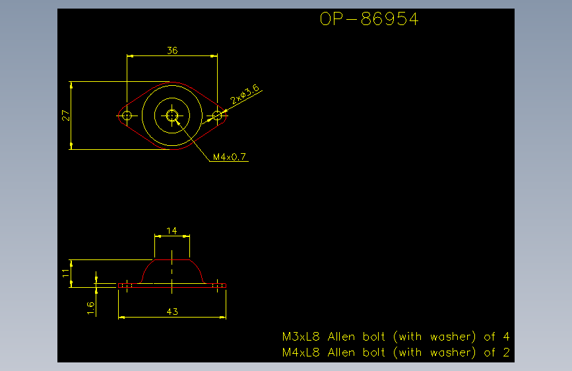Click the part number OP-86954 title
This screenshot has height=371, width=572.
(369, 19)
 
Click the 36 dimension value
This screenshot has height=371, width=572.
(172, 50)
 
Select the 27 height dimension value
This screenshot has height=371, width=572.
(65, 116)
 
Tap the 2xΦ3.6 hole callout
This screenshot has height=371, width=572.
(245, 94)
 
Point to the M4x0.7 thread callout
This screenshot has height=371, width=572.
(229, 157)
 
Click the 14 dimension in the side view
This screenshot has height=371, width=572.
(172, 231)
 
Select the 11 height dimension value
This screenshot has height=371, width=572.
(66, 273)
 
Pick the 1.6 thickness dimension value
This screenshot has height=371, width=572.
(91, 308)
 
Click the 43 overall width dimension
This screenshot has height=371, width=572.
(172, 312)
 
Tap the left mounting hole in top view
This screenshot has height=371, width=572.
(127, 116)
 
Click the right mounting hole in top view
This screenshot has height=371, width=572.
(217, 116)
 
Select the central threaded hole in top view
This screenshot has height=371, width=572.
(172, 116)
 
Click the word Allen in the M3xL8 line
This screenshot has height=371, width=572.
(341, 336)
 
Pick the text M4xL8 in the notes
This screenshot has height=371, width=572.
(301, 353)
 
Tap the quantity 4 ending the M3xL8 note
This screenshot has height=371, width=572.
(506, 336)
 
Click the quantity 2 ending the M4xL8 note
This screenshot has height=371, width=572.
(506, 353)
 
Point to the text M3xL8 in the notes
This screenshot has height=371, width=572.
(301, 336)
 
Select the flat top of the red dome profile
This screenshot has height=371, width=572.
(172, 259)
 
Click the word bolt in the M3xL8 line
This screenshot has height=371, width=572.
(373, 336)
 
